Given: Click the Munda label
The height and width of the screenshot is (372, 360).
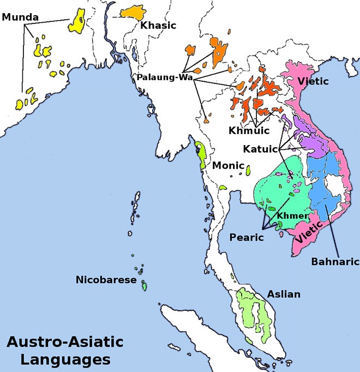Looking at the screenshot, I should click(20, 17).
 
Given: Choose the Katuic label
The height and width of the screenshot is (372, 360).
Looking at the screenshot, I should click(261, 148).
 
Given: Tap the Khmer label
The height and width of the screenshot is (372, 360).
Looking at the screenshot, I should click(289, 216).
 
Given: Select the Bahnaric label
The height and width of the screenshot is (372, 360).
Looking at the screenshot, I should click(335, 261).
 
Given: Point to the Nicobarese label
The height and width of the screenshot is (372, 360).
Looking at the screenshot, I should click(106, 280).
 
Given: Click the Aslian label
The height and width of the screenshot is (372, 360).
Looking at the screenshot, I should click(284, 294).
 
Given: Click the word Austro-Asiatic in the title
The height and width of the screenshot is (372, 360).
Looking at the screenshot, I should click(64, 343).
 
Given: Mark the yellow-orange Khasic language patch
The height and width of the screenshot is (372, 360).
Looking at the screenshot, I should click(131, 11).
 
